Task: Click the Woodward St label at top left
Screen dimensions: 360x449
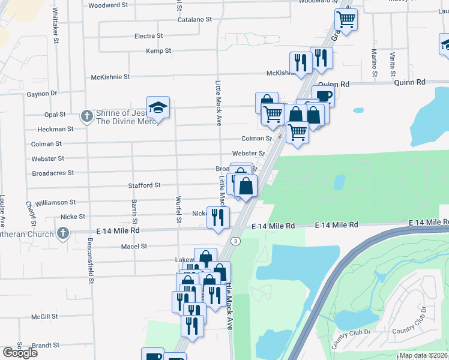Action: click(x=108, y=5)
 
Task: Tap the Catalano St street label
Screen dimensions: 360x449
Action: click(x=194, y=19)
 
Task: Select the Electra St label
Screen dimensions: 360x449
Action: click(x=148, y=36)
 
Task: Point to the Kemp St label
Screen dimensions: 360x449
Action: click(x=158, y=51)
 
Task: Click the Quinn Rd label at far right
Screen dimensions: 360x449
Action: click(x=410, y=82)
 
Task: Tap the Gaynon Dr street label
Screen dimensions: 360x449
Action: click(x=41, y=94)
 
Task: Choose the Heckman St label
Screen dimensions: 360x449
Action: click(x=55, y=128)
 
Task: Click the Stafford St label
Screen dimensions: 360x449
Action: click(x=144, y=185)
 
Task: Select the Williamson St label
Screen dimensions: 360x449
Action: click(x=56, y=203)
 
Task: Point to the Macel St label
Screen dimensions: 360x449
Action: click(x=134, y=246)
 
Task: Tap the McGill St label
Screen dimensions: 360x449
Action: click(x=45, y=316)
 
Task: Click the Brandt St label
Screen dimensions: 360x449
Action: click(x=45, y=346)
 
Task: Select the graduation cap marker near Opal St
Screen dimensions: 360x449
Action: click(x=158, y=107)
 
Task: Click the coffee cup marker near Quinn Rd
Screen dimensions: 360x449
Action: click(x=323, y=95)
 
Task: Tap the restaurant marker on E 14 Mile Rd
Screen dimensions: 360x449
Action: click(x=218, y=217)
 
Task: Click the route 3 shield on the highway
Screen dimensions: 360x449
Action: click(x=236, y=241)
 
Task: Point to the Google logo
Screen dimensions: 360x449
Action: click(x=20, y=353)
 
